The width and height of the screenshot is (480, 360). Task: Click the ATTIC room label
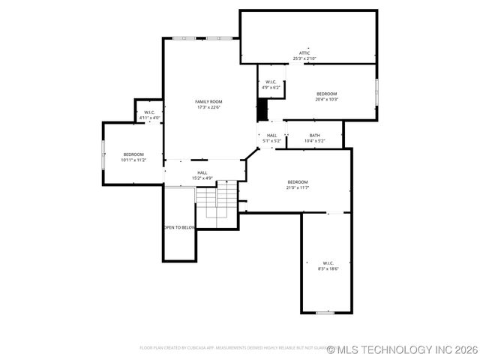point(304,52)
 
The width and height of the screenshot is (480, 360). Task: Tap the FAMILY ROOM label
point(208,101)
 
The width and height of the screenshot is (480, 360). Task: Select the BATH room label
point(314,135)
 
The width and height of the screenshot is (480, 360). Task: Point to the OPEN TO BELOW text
point(180,227)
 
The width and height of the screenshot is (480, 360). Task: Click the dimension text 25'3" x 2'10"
point(304,58)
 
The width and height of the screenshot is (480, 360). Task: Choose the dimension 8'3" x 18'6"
point(328,268)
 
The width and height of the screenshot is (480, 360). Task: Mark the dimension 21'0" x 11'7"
point(298,188)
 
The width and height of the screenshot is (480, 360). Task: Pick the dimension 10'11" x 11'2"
point(133,160)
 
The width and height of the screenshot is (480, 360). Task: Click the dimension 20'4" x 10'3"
point(326,99)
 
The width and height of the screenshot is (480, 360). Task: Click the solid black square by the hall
point(262,109)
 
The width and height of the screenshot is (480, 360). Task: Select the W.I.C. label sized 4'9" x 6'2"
point(271,82)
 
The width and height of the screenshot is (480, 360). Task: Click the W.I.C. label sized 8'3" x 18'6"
point(328,262)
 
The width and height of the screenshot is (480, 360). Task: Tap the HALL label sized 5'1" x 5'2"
point(271,135)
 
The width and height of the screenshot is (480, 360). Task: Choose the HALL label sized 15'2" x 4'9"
point(202,172)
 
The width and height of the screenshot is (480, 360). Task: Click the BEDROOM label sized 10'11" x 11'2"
point(133,154)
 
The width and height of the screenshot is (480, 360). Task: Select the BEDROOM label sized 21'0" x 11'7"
point(298,182)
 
